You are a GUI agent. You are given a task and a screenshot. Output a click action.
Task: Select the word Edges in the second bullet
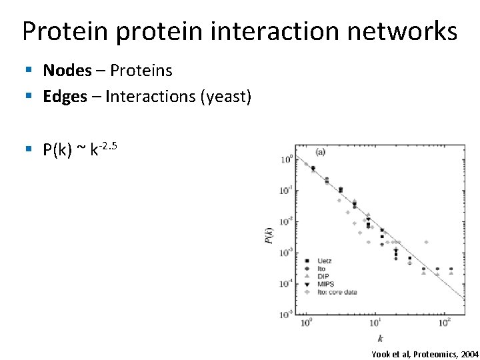point(65,97)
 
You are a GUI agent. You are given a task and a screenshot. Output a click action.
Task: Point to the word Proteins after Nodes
point(141,70)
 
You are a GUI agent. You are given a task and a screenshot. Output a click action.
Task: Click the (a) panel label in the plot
point(320,152)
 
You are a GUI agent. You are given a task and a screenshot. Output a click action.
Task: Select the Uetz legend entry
point(325,261)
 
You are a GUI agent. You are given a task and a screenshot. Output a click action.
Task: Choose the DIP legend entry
point(323,276)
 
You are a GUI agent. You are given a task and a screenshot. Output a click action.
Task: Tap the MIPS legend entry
point(325,284)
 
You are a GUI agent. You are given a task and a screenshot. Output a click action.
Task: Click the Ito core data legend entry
point(333,292)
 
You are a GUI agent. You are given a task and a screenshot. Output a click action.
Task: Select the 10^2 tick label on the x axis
point(443,325)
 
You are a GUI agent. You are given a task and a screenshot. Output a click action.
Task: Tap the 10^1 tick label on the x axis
point(375,325)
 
